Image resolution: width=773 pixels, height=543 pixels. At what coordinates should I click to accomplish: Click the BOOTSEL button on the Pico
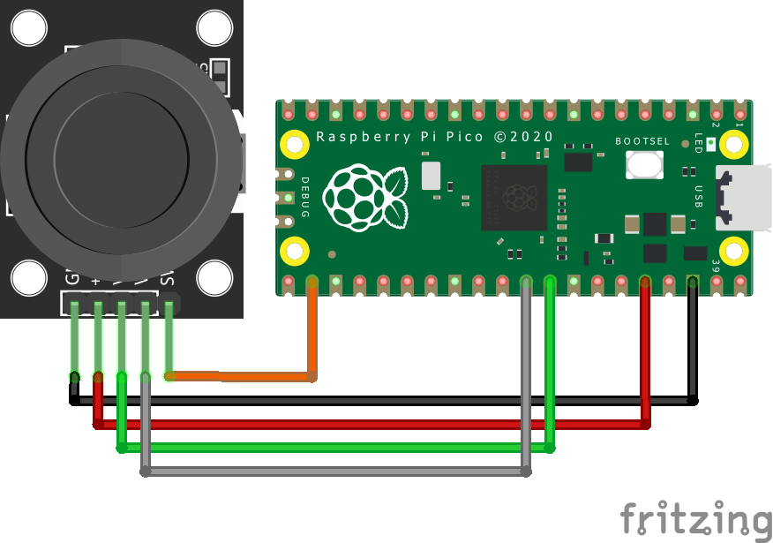click(645, 164)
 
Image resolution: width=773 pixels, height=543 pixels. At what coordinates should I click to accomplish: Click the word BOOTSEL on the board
click(642, 141)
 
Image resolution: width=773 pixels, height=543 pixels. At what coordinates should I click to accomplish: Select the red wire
click(371, 425)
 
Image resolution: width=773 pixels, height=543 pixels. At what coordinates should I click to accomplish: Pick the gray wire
click(335, 472)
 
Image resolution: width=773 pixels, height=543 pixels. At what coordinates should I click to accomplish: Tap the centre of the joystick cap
click(121, 158)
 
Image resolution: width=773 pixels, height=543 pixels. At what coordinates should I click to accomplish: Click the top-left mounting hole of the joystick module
click(28, 28)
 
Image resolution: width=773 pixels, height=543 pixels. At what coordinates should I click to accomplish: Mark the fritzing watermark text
click(694, 517)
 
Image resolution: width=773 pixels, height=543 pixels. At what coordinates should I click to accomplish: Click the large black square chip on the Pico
click(514, 197)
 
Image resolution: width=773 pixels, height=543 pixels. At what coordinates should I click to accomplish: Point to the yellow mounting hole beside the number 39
click(734, 251)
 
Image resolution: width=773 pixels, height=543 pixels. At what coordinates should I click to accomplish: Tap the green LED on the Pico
click(711, 142)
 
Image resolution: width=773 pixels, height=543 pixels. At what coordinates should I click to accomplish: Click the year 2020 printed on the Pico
click(533, 137)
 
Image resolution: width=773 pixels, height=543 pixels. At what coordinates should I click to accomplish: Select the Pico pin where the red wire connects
click(645, 283)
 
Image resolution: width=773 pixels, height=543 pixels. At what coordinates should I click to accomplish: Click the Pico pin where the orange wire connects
click(311, 283)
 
